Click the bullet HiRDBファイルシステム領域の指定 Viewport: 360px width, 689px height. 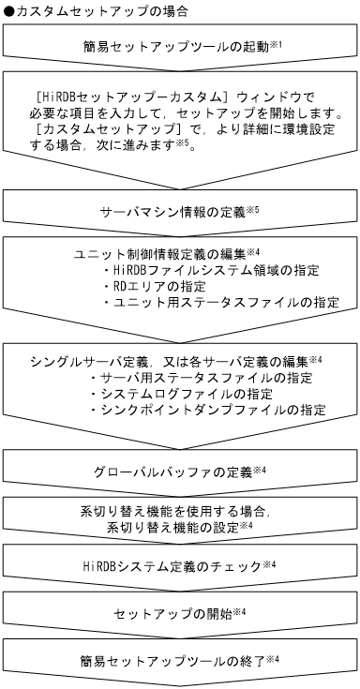coord(216,270)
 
